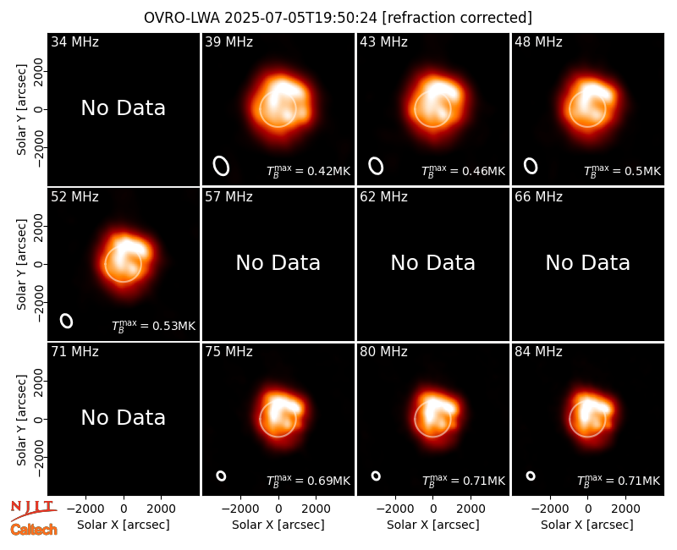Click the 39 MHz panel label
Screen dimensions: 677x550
(228, 41)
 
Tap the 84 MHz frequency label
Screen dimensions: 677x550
(538, 352)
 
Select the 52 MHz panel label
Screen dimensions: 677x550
(74, 197)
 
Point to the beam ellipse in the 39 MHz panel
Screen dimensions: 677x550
(221, 166)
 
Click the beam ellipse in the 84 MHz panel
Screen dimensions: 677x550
(531, 476)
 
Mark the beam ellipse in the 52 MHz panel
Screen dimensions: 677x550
(67, 321)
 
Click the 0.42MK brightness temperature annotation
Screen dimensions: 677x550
(308, 171)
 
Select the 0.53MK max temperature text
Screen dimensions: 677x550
(154, 326)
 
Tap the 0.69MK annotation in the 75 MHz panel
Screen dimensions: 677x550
(308, 481)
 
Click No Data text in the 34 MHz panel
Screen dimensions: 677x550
(123, 108)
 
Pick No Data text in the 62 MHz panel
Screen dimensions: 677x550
(432, 262)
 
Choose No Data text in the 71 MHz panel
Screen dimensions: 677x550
(123, 417)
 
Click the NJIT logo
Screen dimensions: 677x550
(33, 510)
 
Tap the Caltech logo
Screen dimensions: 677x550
(34, 530)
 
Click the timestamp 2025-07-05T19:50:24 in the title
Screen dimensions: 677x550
(301, 18)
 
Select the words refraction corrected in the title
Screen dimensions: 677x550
(457, 18)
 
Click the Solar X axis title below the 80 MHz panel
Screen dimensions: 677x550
(432, 525)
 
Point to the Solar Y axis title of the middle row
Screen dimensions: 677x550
(21, 264)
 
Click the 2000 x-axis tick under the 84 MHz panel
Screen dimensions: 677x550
(625, 509)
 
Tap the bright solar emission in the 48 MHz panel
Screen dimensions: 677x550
(588, 105)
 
